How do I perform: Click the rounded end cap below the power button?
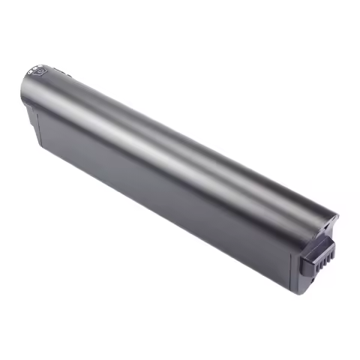click(x=27, y=97)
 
